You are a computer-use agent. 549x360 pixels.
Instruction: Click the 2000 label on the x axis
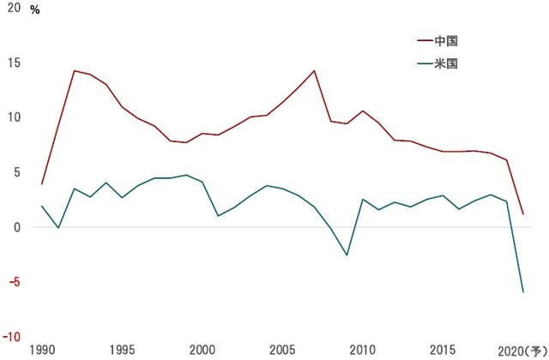pyautogui.click(x=202, y=350)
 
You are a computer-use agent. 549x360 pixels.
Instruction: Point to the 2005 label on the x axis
pyautogui.click(x=282, y=350)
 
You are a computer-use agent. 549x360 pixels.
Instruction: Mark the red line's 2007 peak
pyautogui.click(x=315, y=70)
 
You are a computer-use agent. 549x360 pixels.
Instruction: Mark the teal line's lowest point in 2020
pyautogui.click(x=523, y=292)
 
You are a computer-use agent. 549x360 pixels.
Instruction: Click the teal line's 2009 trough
pyautogui.click(x=347, y=255)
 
